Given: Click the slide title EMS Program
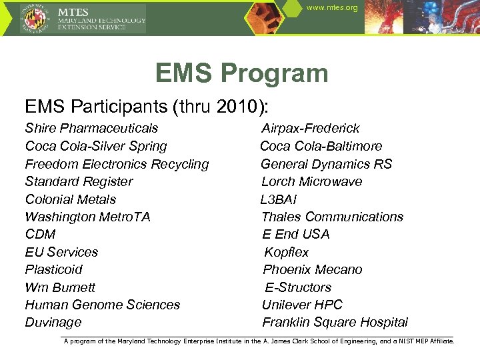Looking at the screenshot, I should (x=241, y=73).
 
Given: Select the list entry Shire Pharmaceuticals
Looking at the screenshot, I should (x=91, y=128).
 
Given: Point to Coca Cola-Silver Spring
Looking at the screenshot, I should (x=95, y=146).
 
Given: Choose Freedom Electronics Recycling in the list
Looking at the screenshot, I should (x=117, y=164).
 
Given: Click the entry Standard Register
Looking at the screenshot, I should (x=79, y=181).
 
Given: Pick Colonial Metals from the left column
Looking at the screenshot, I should (x=70, y=199).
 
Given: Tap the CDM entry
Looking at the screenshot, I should (x=40, y=234).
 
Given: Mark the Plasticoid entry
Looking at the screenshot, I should (x=53, y=269).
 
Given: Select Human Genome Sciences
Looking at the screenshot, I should (x=102, y=305).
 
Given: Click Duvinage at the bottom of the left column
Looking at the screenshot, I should (x=53, y=322).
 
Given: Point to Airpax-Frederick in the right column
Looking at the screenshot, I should (x=310, y=128).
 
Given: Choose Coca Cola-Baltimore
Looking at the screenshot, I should (x=321, y=146).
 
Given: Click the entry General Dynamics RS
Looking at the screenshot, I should (x=326, y=164).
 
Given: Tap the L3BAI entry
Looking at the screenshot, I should (x=279, y=199).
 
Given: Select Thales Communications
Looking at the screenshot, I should (x=332, y=217).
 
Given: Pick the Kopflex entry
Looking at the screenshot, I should (x=287, y=252).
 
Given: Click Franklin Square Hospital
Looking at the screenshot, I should (x=335, y=322).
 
